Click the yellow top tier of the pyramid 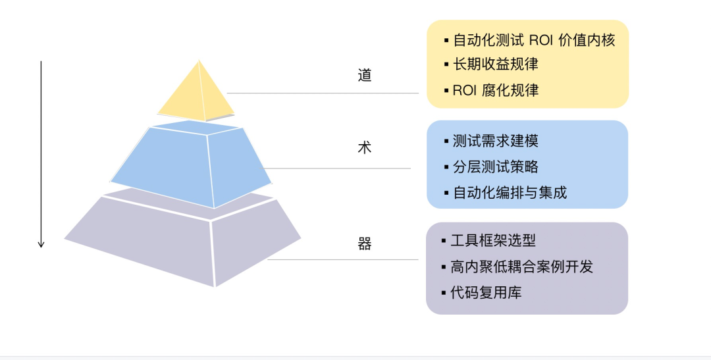click(x=197, y=95)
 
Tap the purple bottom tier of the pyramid click(x=184, y=244)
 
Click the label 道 click(x=365, y=75)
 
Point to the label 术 click(x=365, y=147)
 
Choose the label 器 click(x=365, y=244)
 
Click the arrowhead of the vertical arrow click(x=41, y=244)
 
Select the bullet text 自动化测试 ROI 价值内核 click(x=533, y=40)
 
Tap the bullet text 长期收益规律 click(x=495, y=64)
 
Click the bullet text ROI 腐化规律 click(x=495, y=90)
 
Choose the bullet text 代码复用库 click(x=486, y=293)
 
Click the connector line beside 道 click(x=323, y=93)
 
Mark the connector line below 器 click(x=342, y=260)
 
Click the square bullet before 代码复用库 click(x=445, y=293)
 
